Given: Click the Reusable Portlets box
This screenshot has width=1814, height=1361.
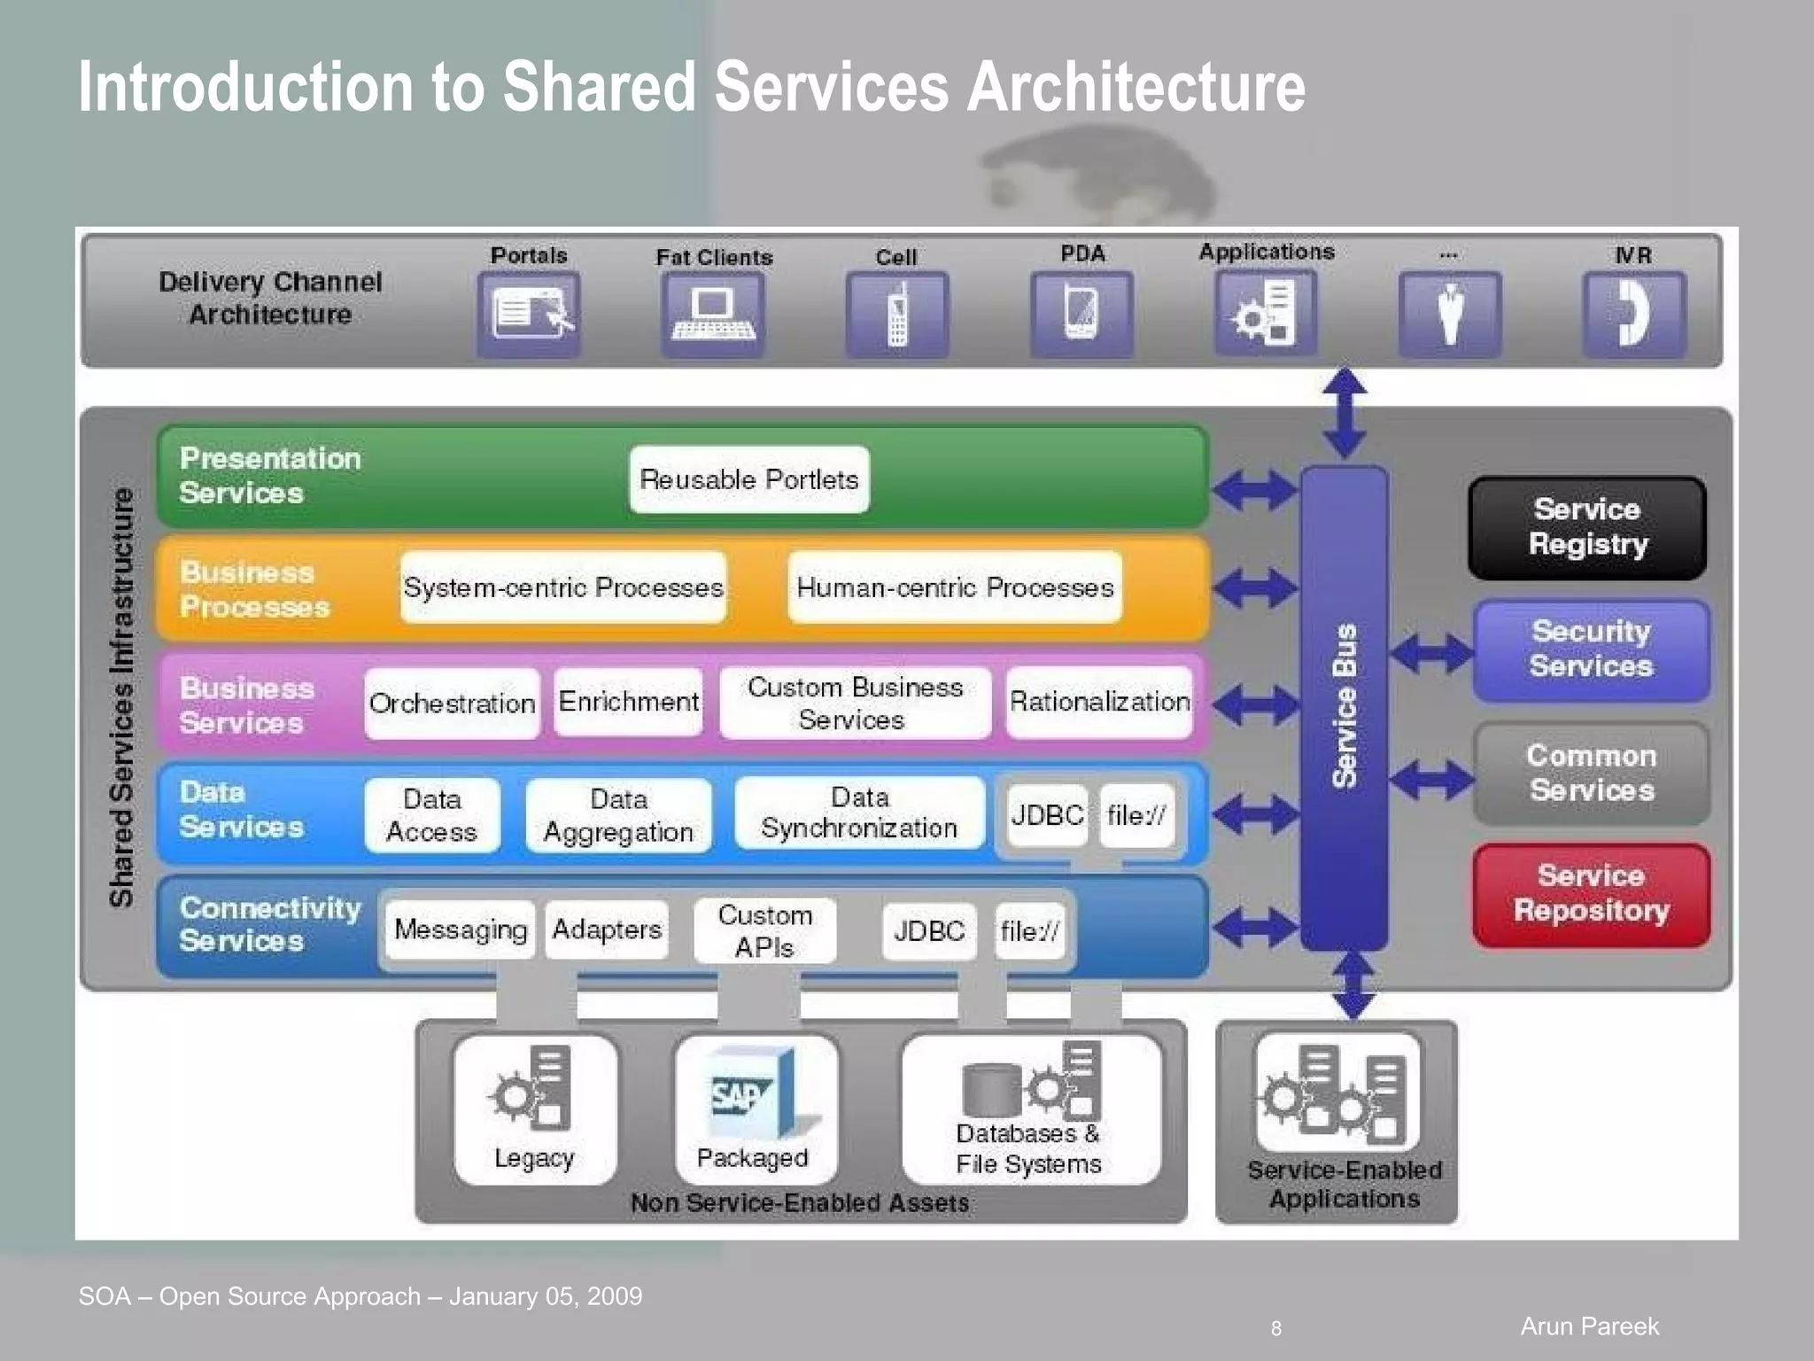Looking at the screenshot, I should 749,479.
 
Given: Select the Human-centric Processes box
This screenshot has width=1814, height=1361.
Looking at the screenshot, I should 955,587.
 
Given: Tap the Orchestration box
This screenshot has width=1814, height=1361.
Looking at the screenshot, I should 452,704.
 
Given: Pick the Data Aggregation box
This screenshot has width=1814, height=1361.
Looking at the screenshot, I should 618,815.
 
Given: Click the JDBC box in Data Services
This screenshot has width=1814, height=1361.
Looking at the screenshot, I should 1047,814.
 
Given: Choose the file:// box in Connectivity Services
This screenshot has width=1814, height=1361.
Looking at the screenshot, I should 1029,930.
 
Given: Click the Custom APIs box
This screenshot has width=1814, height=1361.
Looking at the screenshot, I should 764,930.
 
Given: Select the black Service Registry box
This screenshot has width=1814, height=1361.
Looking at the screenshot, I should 1587,527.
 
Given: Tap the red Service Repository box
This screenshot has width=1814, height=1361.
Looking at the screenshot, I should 1591,893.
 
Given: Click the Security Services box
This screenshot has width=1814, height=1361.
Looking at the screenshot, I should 1591,649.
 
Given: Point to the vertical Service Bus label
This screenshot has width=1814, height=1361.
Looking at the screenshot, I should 1345,705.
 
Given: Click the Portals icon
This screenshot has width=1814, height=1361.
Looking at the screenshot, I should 529,314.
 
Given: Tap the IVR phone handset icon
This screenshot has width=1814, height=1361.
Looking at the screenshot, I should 1634,314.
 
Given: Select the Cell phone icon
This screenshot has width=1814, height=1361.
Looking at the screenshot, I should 897,314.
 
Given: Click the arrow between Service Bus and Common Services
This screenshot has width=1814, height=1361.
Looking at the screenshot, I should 1430,780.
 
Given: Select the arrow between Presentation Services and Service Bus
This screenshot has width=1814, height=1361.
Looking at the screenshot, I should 1254,489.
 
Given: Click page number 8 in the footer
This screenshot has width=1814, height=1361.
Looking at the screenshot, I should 1275,1328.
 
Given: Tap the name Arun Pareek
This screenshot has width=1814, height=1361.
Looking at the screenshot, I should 1589,1326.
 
